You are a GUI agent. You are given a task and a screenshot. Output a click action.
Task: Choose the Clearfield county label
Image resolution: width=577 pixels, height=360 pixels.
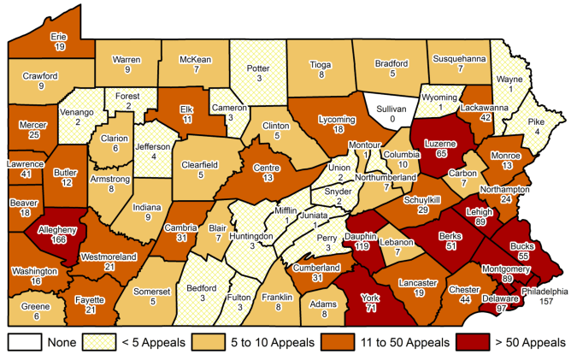202,164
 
